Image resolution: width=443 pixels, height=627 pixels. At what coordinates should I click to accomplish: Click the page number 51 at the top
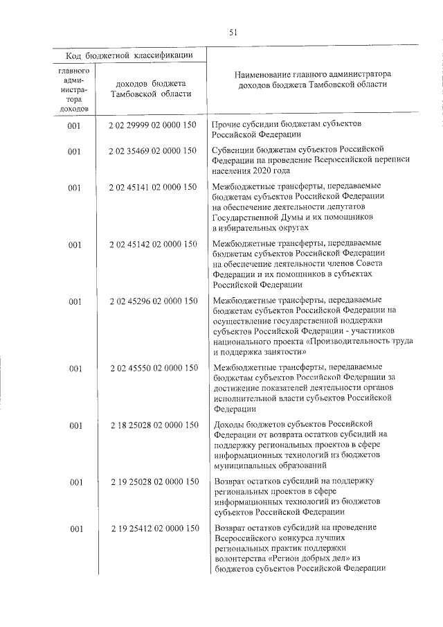pyautogui.click(x=233, y=31)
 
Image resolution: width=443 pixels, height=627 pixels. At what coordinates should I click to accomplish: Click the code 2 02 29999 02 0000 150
pyautogui.click(x=153, y=125)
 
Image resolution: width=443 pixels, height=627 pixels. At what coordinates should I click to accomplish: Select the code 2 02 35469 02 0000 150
pyautogui.click(x=153, y=150)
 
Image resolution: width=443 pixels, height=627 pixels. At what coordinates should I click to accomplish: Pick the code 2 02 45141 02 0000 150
pyautogui.click(x=153, y=187)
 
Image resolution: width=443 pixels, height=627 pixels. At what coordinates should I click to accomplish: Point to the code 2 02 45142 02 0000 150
pyautogui.click(x=153, y=244)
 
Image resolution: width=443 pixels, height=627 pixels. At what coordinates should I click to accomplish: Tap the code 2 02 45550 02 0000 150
pyautogui.click(x=153, y=367)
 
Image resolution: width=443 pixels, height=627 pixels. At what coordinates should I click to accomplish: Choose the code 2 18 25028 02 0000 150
pyautogui.click(x=153, y=425)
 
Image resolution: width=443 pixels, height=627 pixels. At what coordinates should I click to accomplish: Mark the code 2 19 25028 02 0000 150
pyautogui.click(x=153, y=482)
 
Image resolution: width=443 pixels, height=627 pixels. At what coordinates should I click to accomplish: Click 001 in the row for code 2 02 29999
pyautogui.click(x=75, y=125)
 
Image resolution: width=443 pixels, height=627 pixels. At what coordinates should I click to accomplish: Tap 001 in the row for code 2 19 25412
pyautogui.click(x=75, y=529)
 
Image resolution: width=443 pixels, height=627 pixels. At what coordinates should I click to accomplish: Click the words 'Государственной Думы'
pyautogui.click(x=258, y=217)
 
